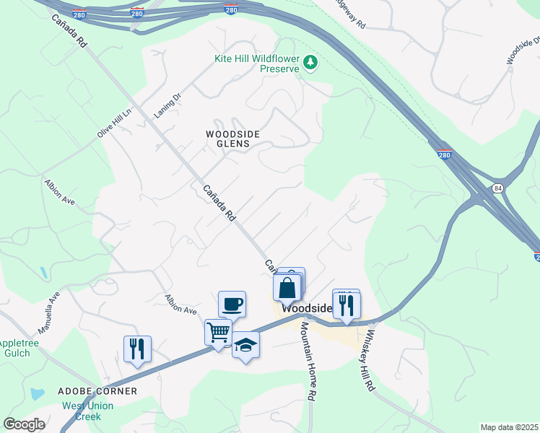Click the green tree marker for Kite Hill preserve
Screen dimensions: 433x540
(x=311, y=63)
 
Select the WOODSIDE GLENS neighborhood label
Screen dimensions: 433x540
(x=227, y=139)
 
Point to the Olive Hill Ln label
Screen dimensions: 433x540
(x=116, y=123)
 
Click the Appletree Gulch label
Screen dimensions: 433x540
(x=14, y=349)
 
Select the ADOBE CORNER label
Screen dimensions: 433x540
(x=97, y=391)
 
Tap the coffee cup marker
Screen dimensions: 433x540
(x=232, y=304)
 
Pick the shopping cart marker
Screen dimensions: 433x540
(x=218, y=333)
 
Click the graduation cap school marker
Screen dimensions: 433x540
(x=245, y=345)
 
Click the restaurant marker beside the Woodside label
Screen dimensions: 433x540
(x=346, y=305)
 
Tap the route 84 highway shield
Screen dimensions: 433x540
(x=497, y=188)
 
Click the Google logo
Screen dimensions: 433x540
(x=25, y=424)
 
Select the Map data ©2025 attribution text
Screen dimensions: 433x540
(x=509, y=427)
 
